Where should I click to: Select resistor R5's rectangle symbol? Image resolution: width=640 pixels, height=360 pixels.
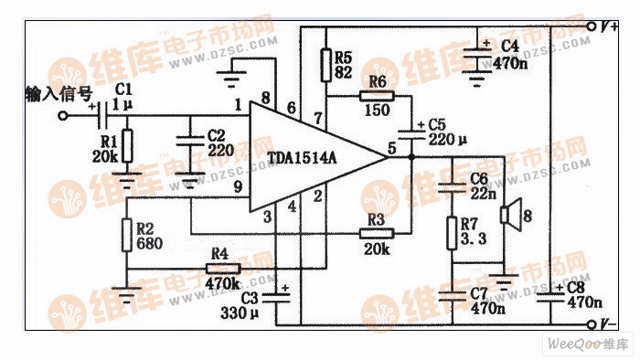[x=325, y=64]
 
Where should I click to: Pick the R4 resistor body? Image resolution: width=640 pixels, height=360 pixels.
[x=222, y=269]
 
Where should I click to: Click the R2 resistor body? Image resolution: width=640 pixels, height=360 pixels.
[x=127, y=234]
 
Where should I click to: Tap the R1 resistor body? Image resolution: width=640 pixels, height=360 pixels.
[x=127, y=145]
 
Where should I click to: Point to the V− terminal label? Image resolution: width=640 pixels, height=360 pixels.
[x=609, y=323]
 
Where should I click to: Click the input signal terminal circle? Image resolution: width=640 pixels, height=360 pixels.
[x=63, y=116]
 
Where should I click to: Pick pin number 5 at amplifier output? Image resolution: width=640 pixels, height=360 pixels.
[x=391, y=146]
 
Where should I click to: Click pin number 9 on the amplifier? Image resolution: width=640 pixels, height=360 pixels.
[x=238, y=188]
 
